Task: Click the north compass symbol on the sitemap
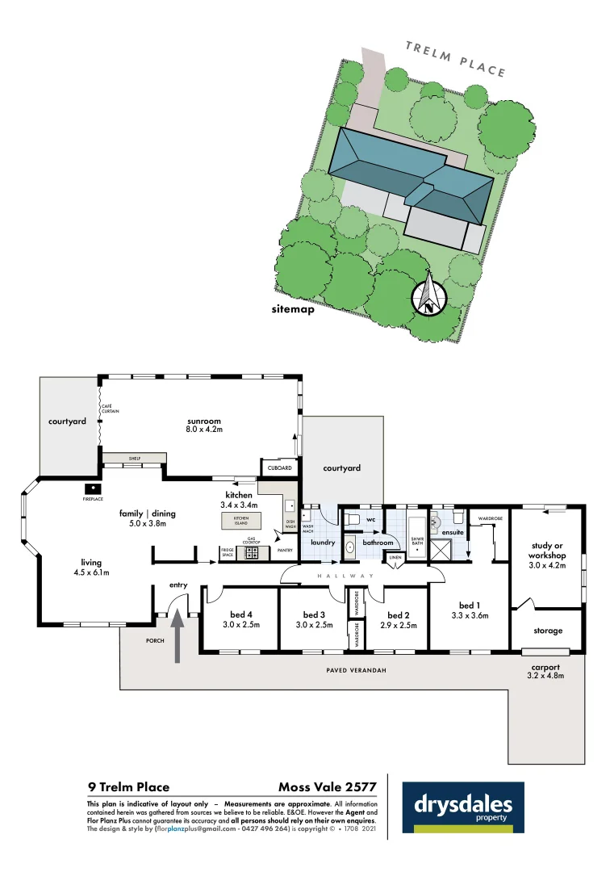click(429, 296)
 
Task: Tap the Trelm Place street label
click(455, 58)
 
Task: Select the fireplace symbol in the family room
click(94, 488)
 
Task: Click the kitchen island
click(241, 521)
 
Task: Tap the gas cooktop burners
click(252, 553)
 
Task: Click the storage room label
click(547, 630)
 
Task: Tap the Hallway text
click(345, 576)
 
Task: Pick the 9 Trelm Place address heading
click(129, 786)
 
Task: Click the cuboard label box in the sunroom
click(279, 468)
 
